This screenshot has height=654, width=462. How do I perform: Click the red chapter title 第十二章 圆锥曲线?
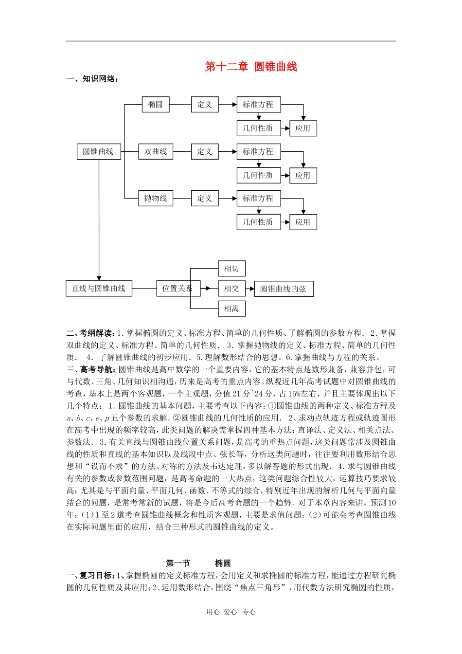click(251, 67)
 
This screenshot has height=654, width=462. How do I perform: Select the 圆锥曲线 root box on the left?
click(98, 152)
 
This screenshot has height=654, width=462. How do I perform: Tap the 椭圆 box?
click(156, 105)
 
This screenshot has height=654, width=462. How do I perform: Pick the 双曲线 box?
click(156, 152)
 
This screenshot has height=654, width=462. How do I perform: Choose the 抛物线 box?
click(156, 199)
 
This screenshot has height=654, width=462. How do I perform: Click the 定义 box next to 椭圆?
click(204, 105)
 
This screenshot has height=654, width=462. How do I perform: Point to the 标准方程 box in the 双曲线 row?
click(258, 152)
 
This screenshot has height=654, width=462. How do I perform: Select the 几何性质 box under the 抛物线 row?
click(258, 222)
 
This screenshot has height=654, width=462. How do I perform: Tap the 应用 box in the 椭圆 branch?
click(303, 128)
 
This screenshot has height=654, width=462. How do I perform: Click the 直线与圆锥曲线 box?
click(99, 289)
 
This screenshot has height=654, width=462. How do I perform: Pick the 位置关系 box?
click(177, 289)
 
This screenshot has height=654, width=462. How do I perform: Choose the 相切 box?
click(231, 269)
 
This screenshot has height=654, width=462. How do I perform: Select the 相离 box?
click(231, 309)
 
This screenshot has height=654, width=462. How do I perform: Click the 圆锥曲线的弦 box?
click(284, 289)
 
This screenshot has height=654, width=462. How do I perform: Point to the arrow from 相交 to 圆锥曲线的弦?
click(250, 289)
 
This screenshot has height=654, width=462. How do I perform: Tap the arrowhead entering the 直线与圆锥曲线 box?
click(99, 278)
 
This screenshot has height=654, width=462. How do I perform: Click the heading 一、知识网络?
click(92, 79)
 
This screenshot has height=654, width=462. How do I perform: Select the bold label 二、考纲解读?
click(90, 333)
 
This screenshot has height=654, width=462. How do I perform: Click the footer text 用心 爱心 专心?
click(231, 612)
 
